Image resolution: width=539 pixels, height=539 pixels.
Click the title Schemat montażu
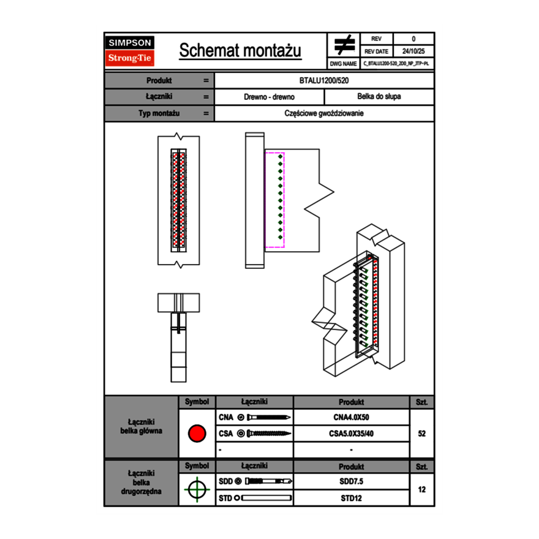click(x=240, y=51)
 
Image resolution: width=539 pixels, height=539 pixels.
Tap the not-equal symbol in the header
click(x=344, y=45)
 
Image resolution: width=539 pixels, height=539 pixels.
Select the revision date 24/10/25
click(x=413, y=51)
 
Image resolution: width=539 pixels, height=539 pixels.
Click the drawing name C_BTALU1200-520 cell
click(x=396, y=64)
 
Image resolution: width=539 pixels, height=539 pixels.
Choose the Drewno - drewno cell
click(x=269, y=97)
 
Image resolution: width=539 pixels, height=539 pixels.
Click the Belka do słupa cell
click(x=379, y=97)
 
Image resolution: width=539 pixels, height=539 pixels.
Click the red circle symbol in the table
click(x=197, y=434)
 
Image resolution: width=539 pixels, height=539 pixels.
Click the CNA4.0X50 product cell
click(x=351, y=418)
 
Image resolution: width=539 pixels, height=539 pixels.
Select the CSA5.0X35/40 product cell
click(x=351, y=434)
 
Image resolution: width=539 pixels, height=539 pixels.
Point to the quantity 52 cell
click(x=421, y=434)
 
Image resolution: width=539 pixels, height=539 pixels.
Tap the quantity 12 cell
click(x=421, y=489)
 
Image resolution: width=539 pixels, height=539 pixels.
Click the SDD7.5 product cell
click(x=351, y=481)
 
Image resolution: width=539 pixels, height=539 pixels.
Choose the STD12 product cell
click(x=351, y=498)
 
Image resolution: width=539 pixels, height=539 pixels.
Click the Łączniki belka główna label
click(x=141, y=426)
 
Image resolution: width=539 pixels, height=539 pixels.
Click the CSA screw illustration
click(x=265, y=434)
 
